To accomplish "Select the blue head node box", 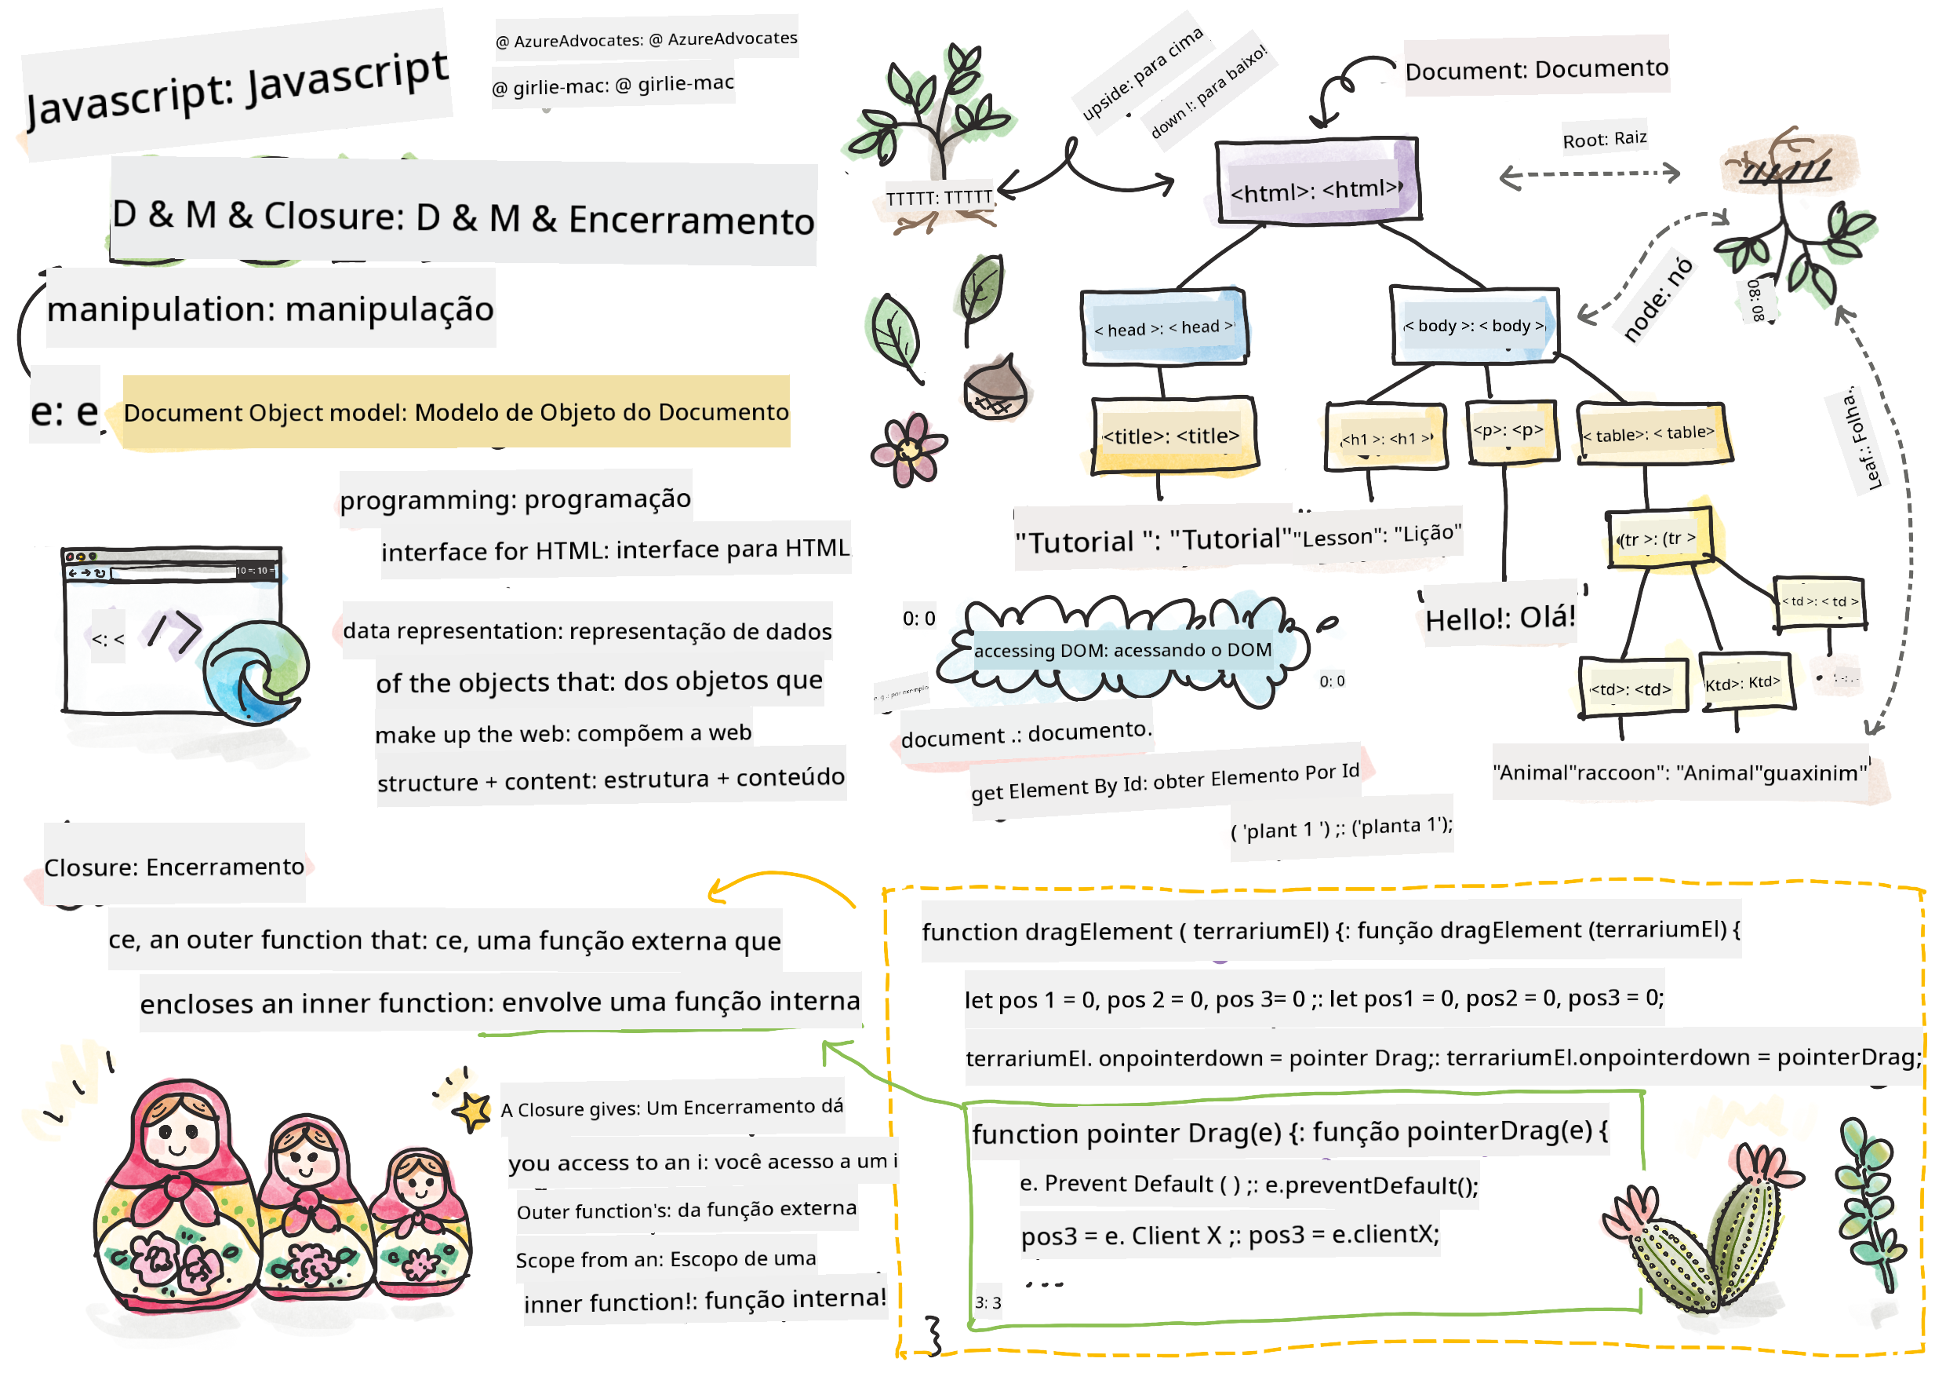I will click(x=1163, y=327).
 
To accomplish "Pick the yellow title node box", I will click(x=1173, y=436).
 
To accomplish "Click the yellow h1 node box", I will click(x=1385, y=436).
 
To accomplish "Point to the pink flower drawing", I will click(x=908, y=450).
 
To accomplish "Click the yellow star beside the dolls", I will click(x=473, y=1109).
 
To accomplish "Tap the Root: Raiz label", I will click(x=1605, y=139).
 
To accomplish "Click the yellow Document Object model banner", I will click(x=456, y=412).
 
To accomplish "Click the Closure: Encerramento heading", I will click(x=174, y=867).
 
